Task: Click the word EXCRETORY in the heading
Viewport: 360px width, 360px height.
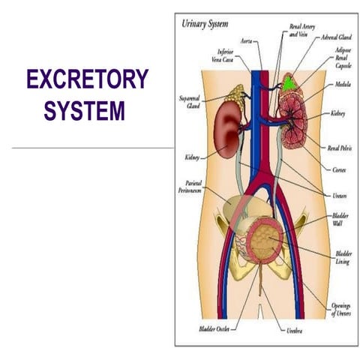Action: click(87, 79)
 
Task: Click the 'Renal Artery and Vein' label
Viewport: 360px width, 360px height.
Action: click(302, 30)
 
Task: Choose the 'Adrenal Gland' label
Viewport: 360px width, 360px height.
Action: click(335, 36)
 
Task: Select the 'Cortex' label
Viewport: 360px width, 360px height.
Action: click(338, 169)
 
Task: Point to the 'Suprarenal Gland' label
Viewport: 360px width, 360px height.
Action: click(189, 101)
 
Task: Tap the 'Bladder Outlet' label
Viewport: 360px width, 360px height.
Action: click(213, 328)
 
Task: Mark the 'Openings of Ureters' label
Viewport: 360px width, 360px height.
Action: click(339, 309)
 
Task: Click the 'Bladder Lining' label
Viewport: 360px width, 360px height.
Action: click(343, 258)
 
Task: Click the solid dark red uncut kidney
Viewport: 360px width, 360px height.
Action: click(226, 127)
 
